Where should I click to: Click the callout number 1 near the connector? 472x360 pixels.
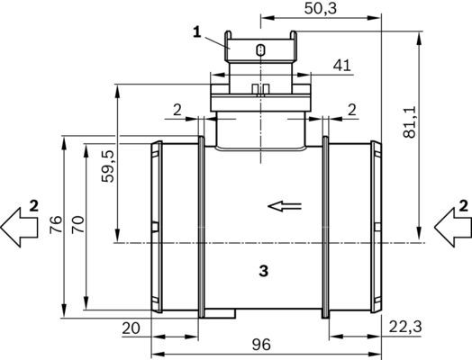pos(195,32)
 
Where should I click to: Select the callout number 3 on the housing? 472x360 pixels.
pos(262,269)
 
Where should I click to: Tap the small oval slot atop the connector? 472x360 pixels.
pos(259,49)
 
